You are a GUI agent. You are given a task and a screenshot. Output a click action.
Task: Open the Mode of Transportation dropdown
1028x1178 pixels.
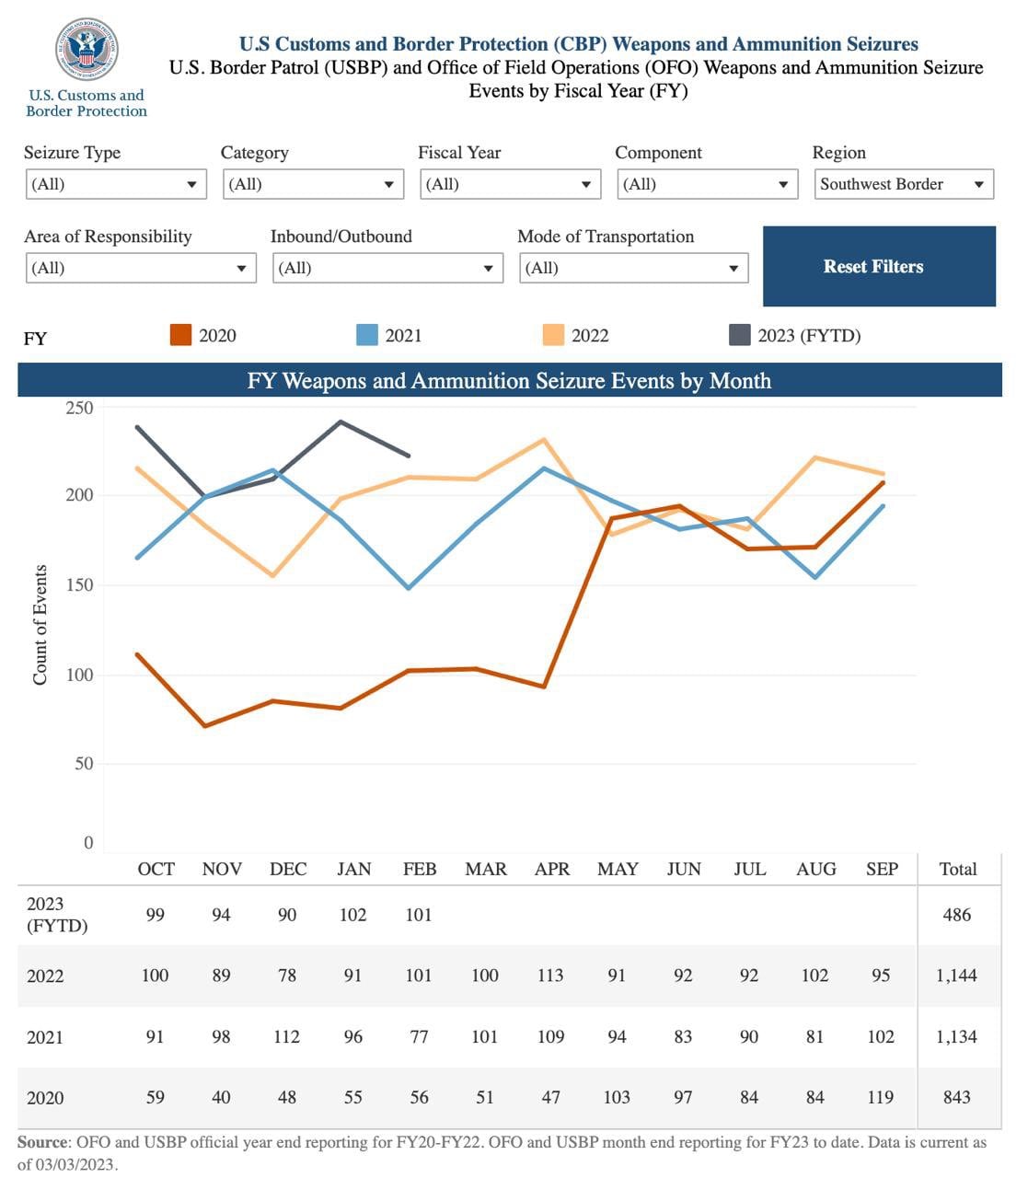click(633, 268)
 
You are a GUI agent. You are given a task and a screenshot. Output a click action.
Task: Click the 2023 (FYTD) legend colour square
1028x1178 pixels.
click(739, 335)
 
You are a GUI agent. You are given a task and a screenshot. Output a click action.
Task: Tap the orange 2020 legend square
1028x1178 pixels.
click(180, 335)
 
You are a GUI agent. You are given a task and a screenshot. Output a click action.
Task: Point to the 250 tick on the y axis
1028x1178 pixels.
click(79, 408)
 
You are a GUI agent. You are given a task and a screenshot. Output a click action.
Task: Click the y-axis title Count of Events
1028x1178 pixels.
click(40, 625)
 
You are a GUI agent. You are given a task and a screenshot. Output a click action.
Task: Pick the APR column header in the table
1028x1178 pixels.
click(552, 869)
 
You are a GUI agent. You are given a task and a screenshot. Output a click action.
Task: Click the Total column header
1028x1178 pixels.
click(957, 869)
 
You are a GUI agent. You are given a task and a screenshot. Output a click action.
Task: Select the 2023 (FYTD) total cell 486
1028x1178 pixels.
click(957, 915)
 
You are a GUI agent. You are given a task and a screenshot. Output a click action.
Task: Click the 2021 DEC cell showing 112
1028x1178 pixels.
click(287, 1036)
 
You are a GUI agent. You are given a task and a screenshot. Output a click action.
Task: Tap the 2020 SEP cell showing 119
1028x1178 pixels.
click(881, 1097)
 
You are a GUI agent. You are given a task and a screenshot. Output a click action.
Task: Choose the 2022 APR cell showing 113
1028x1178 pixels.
click(550, 976)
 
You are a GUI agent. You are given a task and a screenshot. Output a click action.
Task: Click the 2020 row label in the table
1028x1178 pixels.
click(45, 1098)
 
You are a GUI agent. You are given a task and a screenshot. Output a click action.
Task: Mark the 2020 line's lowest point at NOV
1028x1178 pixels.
click(204, 726)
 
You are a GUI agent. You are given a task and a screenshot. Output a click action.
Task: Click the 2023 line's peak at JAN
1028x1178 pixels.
click(341, 422)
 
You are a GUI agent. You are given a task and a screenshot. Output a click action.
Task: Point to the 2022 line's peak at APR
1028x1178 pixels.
click(544, 439)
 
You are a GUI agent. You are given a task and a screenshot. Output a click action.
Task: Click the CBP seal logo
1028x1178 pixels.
click(87, 47)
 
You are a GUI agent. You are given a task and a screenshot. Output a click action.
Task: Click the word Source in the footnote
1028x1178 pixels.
click(42, 1142)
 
